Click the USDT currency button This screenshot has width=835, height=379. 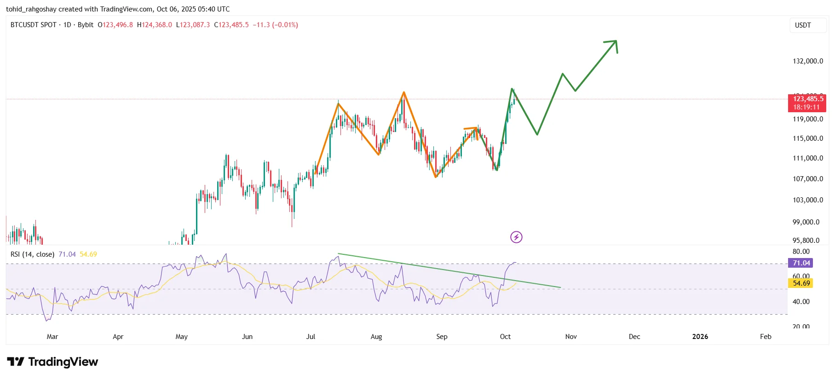click(x=803, y=25)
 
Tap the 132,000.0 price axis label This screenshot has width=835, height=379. click(x=807, y=61)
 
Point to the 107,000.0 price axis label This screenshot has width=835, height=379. click(x=807, y=179)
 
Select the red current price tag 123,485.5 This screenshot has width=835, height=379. click(x=807, y=99)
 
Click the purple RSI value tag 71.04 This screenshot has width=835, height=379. click(x=801, y=263)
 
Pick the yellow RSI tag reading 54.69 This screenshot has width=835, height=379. click(x=801, y=283)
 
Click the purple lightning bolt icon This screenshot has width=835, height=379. click(x=516, y=237)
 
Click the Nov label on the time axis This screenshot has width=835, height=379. click(x=571, y=337)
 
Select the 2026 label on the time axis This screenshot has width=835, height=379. click(x=700, y=337)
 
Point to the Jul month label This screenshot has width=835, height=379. click(x=311, y=337)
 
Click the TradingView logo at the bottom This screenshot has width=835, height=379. click(x=52, y=362)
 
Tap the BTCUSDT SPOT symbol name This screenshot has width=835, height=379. click(x=33, y=25)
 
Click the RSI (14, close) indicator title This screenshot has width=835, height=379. click(x=32, y=254)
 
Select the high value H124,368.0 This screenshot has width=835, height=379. click(x=155, y=25)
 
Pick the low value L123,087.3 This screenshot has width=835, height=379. click(x=193, y=25)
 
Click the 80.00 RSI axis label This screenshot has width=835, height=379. click(x=801, y=252)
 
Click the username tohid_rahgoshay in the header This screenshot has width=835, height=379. click(x=31, y=9)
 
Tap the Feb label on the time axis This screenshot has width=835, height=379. click(x=766, y=337)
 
